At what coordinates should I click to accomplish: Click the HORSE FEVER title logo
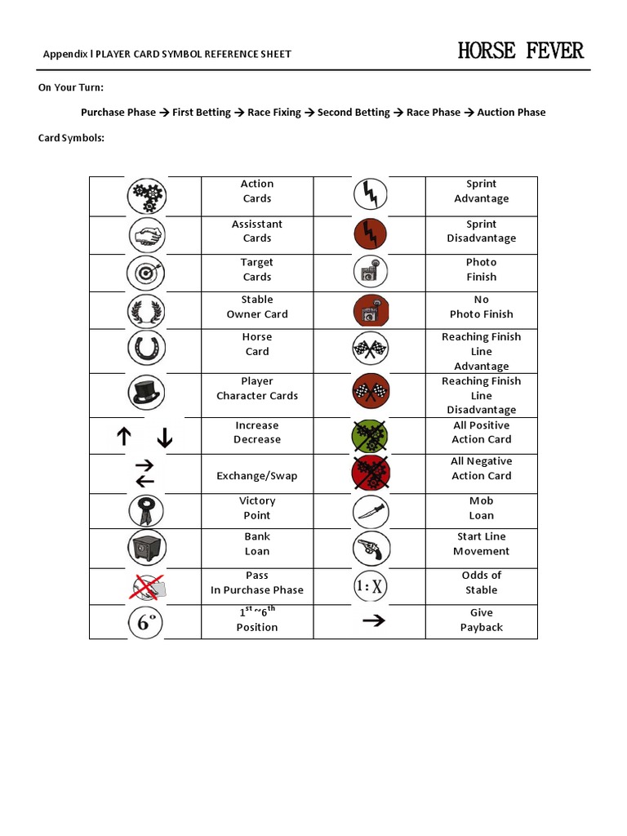[520, 51]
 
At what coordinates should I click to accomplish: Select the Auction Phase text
[511, 113]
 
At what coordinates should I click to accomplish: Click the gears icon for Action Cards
[146, 196]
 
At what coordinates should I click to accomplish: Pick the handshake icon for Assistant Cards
[146, 236]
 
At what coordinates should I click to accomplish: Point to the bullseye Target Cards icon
[146, 273]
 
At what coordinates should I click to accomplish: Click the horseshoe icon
[146, 348]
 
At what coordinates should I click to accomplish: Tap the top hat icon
[146, 392]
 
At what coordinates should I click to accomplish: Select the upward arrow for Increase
[124, 437]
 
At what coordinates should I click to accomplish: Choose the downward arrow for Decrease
[165, 438]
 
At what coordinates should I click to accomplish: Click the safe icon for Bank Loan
[146, 547]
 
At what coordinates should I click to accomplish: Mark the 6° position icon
[146, 623]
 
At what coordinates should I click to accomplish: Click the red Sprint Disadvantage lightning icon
[371, 233]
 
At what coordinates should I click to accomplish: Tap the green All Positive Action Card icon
[371, 436]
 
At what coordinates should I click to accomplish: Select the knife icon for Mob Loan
[371, 512]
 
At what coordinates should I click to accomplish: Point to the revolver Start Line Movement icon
[371, 548]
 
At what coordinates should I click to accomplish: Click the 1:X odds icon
[371, 585]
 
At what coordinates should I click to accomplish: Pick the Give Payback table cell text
[481, 620]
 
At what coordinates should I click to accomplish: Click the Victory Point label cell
[257, 509]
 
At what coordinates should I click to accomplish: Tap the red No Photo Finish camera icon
[371, 310]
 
